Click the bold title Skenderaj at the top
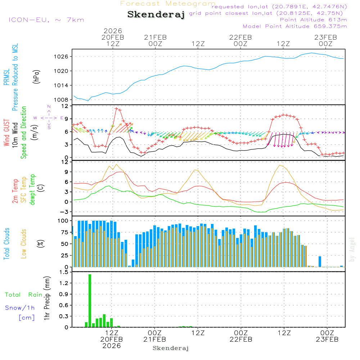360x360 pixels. [x=156, y=15]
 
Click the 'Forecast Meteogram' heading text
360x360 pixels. [x=168, y=4]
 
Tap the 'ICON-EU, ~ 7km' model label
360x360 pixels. [x=46, y=20]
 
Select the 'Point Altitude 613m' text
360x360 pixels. [x=313, y=20]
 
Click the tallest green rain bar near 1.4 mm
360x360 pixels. [x=90, y=301]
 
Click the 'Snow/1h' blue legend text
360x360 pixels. [x=20, y=308]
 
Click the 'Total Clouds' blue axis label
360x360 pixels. [x=7, y=244]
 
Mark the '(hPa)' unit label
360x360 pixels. [x=36, y=76]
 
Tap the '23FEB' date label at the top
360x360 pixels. [x=325, y=37]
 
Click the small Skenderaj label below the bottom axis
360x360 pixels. [x=171, y=348]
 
